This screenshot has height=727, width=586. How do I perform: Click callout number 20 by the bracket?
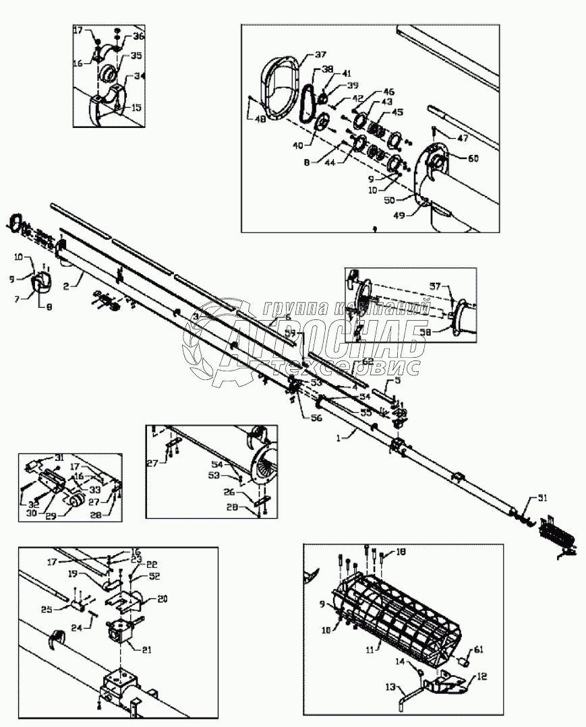tap(163, 598)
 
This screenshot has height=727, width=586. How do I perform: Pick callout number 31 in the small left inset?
tap(59, 458)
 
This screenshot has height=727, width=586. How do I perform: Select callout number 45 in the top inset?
tap(398, 112)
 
